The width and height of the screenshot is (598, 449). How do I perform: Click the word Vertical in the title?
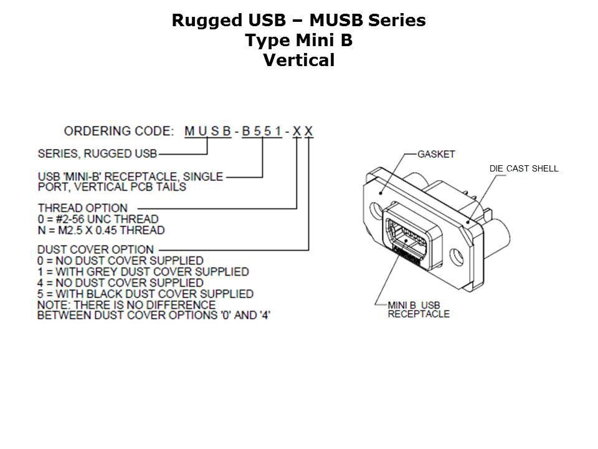point(298,60)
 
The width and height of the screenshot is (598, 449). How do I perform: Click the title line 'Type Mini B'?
point(298,41)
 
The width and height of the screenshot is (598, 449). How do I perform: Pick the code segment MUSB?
point(208,132)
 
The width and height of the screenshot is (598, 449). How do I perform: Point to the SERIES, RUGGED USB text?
point(97,153)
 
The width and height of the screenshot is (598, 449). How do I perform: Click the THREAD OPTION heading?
point(83,208)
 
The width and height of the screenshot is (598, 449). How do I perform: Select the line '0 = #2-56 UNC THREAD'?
point(98,219)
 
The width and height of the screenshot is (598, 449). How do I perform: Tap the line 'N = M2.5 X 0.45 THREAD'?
point(102,230)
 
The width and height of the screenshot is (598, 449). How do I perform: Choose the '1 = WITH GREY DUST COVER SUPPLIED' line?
point(143,272)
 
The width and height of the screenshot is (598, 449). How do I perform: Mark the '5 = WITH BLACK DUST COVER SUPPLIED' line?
point(146,294)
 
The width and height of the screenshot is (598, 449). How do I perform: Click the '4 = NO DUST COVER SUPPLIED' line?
point(121,282)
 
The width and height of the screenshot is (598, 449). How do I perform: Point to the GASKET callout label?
point(436,153)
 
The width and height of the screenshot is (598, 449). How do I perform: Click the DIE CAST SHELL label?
point(524,169)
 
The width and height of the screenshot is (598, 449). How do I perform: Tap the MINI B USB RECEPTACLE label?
point(418,309)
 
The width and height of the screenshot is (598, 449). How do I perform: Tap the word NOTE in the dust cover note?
point(52,305)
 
